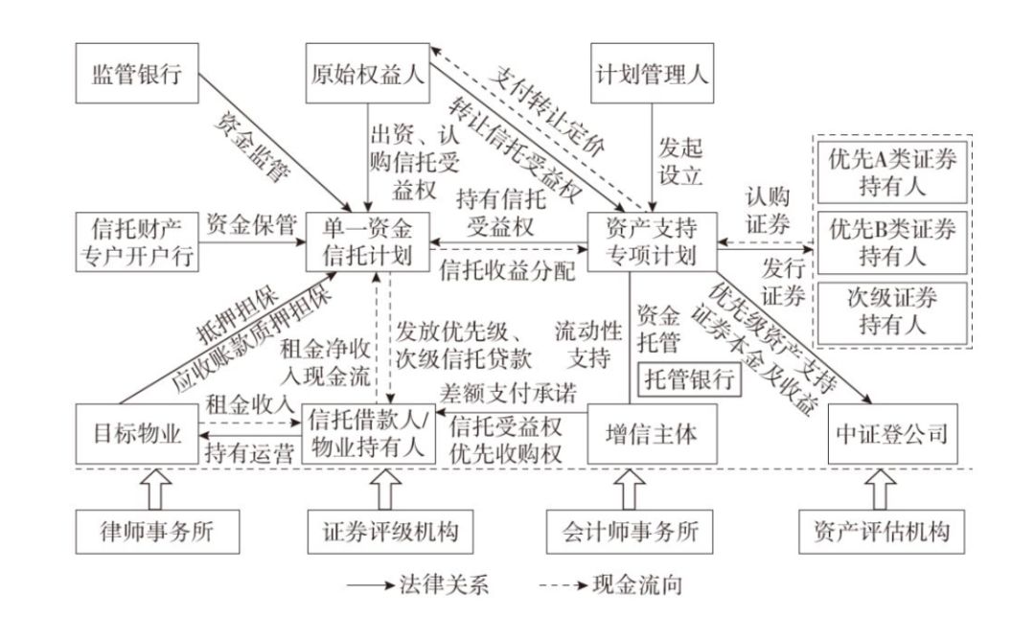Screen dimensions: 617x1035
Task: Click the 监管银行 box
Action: click(138, 73)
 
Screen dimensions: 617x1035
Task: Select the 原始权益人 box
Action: click(367, 73)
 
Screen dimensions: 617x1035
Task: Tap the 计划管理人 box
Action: click(653, 73)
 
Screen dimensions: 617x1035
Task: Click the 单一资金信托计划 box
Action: click(367, 242)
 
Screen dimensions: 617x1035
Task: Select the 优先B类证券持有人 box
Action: click(892, 242)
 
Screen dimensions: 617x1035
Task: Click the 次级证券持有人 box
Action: click(892, 310)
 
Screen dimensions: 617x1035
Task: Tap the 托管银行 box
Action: click(691, 376)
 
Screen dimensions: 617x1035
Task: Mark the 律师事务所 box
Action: click(137, 529)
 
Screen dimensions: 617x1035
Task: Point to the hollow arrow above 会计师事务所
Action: click(629, 490)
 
